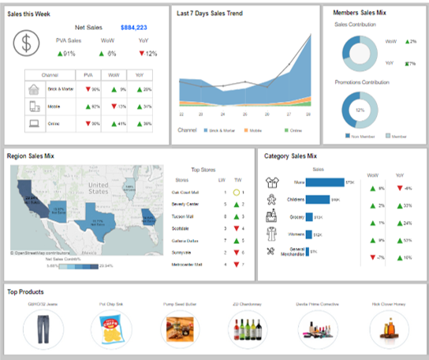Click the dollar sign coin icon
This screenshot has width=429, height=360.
click(28, 43)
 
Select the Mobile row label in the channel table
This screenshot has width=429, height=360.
click(54, 106)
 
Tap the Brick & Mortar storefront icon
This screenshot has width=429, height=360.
click(33, 89)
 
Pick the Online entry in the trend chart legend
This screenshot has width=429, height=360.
click(295, 129)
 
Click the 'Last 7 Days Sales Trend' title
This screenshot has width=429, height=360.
click(211, 13)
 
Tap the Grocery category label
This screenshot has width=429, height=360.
click(296, 216)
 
